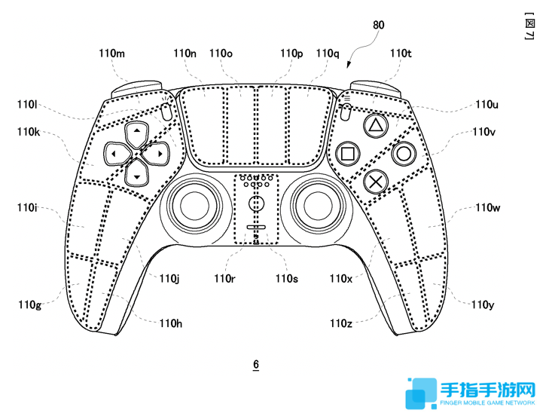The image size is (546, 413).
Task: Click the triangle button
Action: tap(376, 125)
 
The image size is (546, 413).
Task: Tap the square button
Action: tap(348, 153)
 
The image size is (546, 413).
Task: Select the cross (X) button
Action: tap(376, 182)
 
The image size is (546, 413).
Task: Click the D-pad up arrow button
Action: tap(137, 134)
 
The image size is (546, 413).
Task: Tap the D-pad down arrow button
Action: tap(137, 173)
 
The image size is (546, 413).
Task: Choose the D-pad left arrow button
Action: tap(117, 153)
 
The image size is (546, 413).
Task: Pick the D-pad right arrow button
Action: tap(156, 153)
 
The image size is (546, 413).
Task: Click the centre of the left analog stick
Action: tap(194, 206)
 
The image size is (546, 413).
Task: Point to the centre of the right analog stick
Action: tap(318, 206)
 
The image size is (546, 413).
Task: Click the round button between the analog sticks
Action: tap(256, 203)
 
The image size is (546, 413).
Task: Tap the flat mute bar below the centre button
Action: tap(256, 228)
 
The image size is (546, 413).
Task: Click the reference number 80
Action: tap(379, 25)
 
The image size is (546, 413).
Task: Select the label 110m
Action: tap(111, 54)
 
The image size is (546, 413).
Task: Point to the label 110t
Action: tap(401, 54)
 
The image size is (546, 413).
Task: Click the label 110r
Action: tap(224, 278)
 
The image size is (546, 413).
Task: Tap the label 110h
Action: tap(171, 323)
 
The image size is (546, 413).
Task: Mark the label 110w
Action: tap(488, 208)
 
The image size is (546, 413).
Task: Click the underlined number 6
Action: tap(256, 365)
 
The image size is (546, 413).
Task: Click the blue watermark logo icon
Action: tap(421, 393)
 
